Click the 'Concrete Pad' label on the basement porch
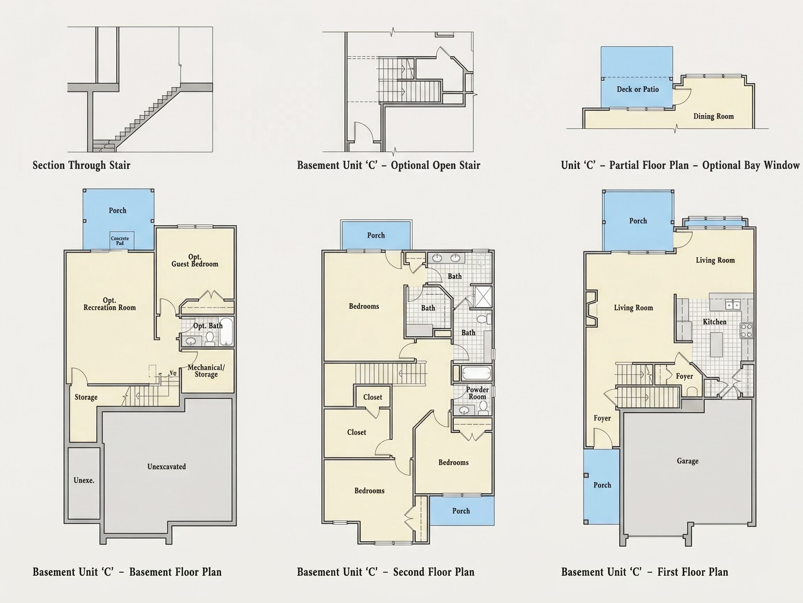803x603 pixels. point(120,241)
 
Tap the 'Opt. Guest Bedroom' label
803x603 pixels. point(195,260)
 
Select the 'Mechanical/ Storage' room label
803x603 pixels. point(206,371)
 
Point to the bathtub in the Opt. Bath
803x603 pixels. point(226,332)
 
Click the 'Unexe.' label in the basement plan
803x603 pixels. point(84,480)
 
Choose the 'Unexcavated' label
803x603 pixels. point(167,466)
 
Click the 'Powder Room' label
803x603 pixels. point(477,393)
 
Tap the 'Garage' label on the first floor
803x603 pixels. point(688,461)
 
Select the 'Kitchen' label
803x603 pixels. point(714,322)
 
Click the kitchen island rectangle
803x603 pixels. point(716,344)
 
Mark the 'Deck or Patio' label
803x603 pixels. point(637,89)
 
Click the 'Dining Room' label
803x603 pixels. point(713,116)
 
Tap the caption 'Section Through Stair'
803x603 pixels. point(81,165)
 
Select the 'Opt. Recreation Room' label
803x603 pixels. point(110,304)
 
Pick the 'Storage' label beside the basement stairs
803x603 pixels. point(86,397)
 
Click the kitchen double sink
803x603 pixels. point(733,305)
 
